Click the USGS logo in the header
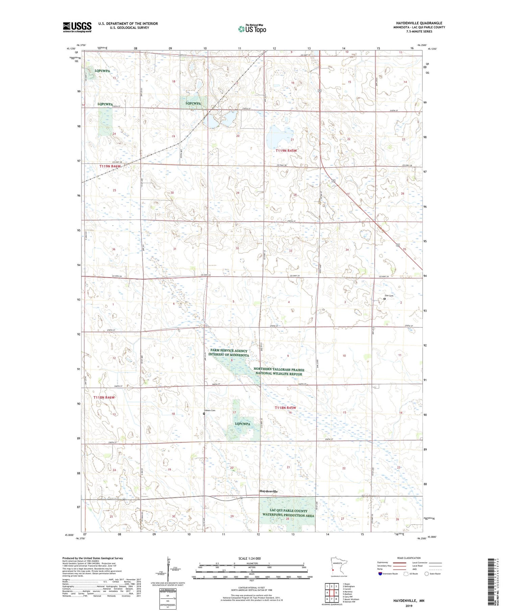pyautogui.click(x=77, y=27)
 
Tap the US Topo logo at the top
pyautogui.click(x=252, y=29)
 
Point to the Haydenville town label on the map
pyautogui.click(x=268, y=491)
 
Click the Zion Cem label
pyautogui.click(x=389, y=296)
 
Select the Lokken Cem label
pyautogui.click(x=209, y=410)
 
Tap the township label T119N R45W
pyautogui.click(x=286, y=151)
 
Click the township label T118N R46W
pyautogui.click(x=104, y=397)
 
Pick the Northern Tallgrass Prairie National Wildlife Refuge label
pyautogui.click(x=279, y=372)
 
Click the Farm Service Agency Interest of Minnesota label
pyautogui.click(x=228, y=353)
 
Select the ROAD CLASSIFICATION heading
pyautogui.click(x=409, y=558)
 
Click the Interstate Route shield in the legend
pyautogui.click(x=380, y=574)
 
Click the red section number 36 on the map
pyautogui.click(x=114, y=249)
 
